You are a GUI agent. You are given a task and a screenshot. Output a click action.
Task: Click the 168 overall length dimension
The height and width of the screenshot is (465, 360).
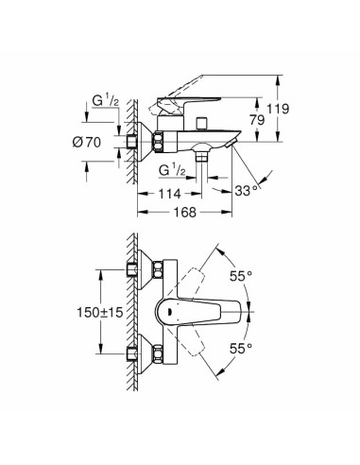(x=184, y=213)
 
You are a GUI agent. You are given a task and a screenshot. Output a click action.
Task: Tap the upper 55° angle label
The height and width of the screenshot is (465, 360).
(x=242, y=276)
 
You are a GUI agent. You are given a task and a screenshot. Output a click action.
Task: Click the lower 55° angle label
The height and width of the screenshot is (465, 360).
(x=242, y=349)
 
